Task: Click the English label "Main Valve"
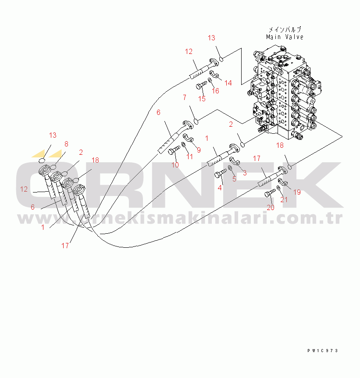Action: pyautogui.click(x=285, y=37)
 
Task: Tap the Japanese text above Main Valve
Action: pyautogui.click(x=285, y=29)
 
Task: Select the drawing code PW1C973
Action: pyautogui.click(x=322, y=351)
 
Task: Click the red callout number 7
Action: pyautogui.click(x=185, y=97)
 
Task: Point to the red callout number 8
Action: pyautogui.click(x=66, y=143)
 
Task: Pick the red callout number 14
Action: pyautogui.click(x=228, y=83)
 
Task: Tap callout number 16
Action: pyautogui.click(x=215, y=91)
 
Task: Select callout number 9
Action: pyautogui.click(x=198, y=150)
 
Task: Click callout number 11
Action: pyautogui.click(x=189, y=157)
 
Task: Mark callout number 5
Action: pyautogui.click(x=234, y=179)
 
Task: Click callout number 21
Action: pyautogui.click(x=284, y=200)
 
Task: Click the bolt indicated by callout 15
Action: pyautogui.click(x=202, y=86)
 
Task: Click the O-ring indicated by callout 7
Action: pyautogui.click(x=196, y=121)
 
